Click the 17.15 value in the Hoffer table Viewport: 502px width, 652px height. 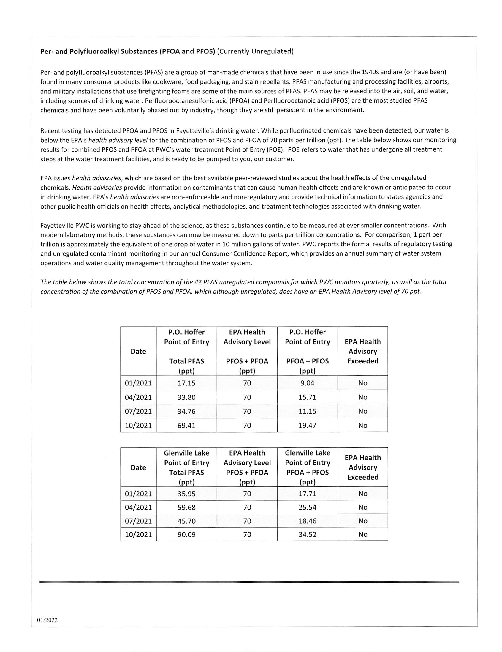coord(186,383)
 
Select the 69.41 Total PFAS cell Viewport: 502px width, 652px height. coord(186,426)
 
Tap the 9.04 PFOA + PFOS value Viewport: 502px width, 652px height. coord(307,383)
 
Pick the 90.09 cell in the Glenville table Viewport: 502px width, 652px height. coord(186,534)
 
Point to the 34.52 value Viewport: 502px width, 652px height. coord(307,534)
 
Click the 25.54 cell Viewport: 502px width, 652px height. coord(307,507)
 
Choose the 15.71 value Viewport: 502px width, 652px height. coord(307,397)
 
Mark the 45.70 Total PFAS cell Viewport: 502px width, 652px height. coord(186,521)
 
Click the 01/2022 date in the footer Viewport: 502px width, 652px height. coord(47,620)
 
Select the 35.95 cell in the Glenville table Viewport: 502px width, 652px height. coord(186,494)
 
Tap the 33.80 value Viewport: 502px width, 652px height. coord(186,397)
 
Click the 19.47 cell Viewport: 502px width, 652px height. coord(307,426)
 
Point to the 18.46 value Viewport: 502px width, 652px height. coord(307,521)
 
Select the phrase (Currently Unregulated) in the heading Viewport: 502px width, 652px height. coord(255,51)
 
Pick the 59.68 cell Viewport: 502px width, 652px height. coord(186,507)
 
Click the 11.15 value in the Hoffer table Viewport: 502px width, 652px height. coord(307,411)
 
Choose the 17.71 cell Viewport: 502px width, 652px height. coord(307,494)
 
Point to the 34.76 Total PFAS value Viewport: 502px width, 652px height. coord(186,411)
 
